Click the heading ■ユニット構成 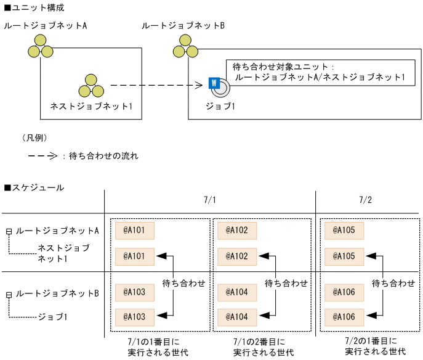tap(34, 8)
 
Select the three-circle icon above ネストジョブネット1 tap(91, 86)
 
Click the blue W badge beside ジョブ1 tap(214, 83)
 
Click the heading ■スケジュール tap(34, 187)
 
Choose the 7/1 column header tap(210, 200)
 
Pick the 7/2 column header tap(366, 200)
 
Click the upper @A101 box tap(134, 231)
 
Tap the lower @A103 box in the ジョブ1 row tap(134, 317)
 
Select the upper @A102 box tap(237, 231)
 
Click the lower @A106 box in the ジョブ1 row tap(344, 317)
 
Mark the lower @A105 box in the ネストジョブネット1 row tap(344, 256)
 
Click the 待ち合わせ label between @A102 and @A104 tap(286, 283)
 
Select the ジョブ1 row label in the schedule tap(53, 317)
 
